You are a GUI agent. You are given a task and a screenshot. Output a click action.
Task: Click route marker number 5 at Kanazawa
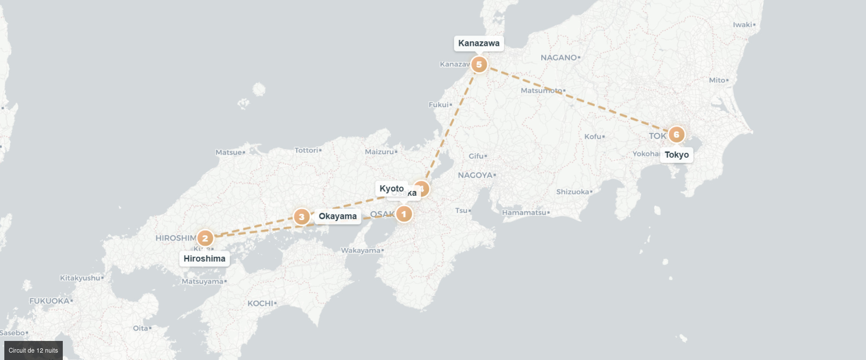(x=479, y=65)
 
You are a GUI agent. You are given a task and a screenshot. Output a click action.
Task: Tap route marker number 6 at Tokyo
(x=676, y=135)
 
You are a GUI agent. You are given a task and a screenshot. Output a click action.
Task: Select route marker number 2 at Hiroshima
(x=205, y=238)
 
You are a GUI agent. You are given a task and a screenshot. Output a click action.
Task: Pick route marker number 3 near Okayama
(x=302, y=217)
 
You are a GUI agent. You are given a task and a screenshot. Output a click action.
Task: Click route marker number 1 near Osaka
(x=404, y=214)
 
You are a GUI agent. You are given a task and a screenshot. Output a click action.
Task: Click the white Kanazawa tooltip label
(x=479, y=43)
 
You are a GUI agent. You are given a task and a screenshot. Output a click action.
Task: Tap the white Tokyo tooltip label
(x=676, y=155)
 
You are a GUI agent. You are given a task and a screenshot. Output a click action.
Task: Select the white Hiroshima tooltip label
(x=204, y=259)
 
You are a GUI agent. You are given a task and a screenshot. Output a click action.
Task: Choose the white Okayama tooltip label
(x=338, y=216)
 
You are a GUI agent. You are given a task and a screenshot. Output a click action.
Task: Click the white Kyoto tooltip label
(x=391, y=188)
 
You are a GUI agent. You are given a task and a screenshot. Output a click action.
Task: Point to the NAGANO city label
(x=559, y=58)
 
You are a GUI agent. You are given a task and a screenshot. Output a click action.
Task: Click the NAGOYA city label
(x=475, y=175)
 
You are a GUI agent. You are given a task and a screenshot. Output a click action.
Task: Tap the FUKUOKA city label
(x=49, y=301)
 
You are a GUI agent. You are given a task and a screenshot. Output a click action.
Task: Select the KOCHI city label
(x=260, y=303)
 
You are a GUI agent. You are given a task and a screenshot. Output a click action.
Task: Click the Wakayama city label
(x=360, y=250)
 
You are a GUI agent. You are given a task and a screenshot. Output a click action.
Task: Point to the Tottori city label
(x=306, y=150)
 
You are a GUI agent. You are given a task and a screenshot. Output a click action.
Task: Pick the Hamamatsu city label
(x=524, y=213)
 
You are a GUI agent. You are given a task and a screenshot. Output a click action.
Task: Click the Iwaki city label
(x=742, y=25)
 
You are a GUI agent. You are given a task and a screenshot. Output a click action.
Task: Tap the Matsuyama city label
(x=202, y=282)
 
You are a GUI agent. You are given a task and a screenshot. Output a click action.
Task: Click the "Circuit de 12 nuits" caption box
(x=33, y=350)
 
